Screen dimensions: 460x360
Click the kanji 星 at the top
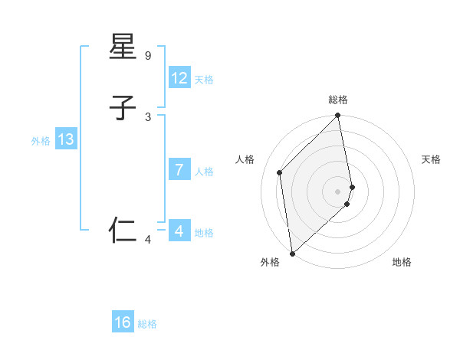click(123, 47)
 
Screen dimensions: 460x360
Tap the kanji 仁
click(123, 231)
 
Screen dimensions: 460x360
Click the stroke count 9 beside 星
click(148, 56)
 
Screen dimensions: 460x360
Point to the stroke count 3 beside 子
click(148, 117)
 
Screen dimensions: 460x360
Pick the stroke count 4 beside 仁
click(148, 241)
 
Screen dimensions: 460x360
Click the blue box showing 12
click(179, 78)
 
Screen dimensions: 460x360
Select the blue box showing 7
click(179, 170)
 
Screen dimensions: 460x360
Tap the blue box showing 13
click(66, 139)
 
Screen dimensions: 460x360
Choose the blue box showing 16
click(123, 322)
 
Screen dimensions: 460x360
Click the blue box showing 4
click(179, 231)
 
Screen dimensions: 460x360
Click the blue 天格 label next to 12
click(204, 80)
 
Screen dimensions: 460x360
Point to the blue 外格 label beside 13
click(41, 141)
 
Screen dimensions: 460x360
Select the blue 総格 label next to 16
click(147, 324)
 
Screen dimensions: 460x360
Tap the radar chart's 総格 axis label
click(338, 100)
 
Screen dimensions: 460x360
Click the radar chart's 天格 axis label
click(431, 159)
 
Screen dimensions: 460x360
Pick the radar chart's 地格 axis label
click(402, 262)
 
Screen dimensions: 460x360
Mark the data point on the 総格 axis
click(338, 116)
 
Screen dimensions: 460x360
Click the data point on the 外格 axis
click(291, 254)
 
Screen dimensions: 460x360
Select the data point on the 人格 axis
click(280, 172)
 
